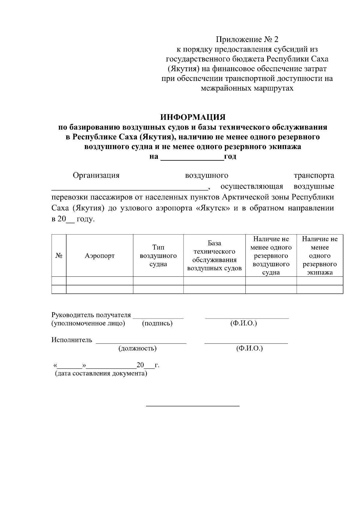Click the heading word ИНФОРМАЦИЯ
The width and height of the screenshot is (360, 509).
coord(193,117)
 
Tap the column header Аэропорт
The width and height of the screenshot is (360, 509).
coord(100,256)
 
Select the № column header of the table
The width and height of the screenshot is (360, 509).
coord(59,256)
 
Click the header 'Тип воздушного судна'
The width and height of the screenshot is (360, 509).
coord(158,256)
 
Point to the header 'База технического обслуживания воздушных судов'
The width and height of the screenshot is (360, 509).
coord(214,256)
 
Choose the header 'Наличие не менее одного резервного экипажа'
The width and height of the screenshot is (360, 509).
coord(319,256)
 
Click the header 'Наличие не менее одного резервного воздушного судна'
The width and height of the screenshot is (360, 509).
coord(271,256)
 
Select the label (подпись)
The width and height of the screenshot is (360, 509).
coord(157,323)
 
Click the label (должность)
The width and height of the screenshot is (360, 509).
coord(137,348)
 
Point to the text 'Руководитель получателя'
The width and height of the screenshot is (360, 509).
coord(91,315)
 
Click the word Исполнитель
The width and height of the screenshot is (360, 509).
coord(72,340)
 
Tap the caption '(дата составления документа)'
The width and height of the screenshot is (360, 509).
coord(101,374)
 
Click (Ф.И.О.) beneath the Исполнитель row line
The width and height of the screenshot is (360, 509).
coord(249,348)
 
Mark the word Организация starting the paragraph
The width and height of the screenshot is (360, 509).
coord(96,175)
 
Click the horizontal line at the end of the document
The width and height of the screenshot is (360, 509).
coord(193,406)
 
